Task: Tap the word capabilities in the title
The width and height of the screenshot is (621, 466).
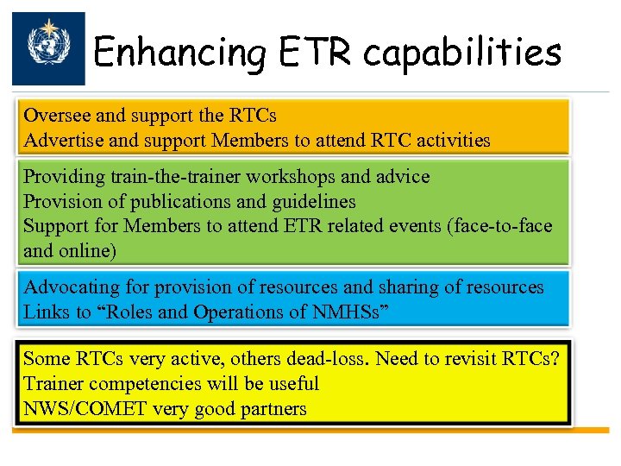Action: coord(462,54)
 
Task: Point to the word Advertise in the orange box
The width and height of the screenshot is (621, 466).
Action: coord(61,140)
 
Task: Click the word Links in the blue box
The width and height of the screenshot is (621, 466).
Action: coord(43,312)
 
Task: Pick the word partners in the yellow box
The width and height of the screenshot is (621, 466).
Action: coord(272,408)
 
